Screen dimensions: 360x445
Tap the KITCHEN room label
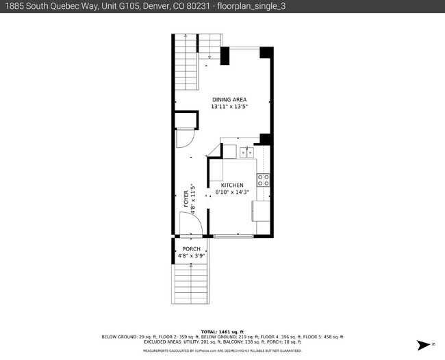click(231, 185)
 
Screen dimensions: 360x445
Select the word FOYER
click(186, 198)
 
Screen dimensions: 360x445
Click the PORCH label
click(191, 248)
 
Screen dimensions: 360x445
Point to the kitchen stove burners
click(263, 180)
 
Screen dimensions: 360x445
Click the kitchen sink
click(246, 151)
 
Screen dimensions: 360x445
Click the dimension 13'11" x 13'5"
click(229, 107)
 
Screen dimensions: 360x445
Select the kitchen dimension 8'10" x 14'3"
click(231, 192)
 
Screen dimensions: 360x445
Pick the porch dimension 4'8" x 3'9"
click(191, 255)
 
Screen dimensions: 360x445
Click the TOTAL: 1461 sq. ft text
click(222, 331)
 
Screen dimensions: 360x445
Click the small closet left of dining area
click(185, 120)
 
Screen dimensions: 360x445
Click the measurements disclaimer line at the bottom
click(222, 350)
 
